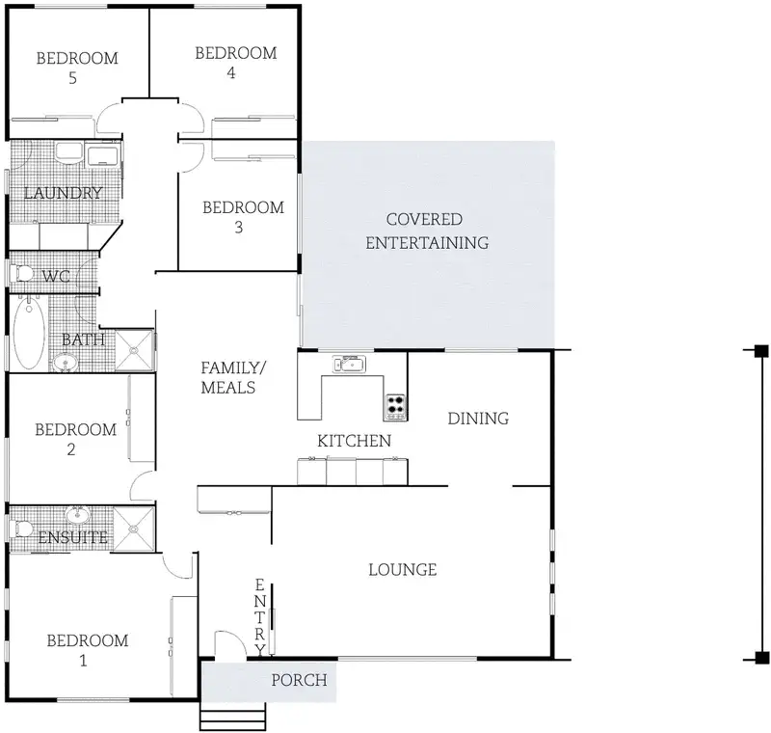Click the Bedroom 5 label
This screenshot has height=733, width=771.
pyautogui.click(x=77, y=68)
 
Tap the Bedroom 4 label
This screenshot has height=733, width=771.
pyautogui.click(x=236, y=63)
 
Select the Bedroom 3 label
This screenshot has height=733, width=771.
pyautogui.click(x=244, y=217)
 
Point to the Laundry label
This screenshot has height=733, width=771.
pyautogui.click(x=63, y=193)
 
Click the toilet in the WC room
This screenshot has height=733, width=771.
pyautogui.click(x=21, y=273)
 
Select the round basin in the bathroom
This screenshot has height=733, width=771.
pyautogui.click(x=65, y=363)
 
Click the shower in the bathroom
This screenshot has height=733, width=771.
pyautogui.click(x=134, y=350)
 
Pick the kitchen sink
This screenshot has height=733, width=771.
pyautogui.click(x=349, y=364)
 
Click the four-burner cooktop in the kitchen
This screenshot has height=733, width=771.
pyautogui.click(x=396, y=406)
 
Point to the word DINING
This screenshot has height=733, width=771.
pyautogui.click(x=478, y=419)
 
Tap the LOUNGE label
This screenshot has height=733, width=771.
pyautogui.click(x=403, y=570)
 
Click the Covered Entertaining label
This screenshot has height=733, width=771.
pyautogui.click(x=427, y=231)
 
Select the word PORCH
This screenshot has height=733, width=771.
pyautogui.click(x=299, y=680)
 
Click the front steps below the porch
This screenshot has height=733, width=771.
pyautogui.click(x=233, y=717)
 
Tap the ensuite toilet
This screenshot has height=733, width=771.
pyautogui.click(x=20, y=529)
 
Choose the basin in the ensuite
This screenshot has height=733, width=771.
pyautogui.click(x=78, y=516)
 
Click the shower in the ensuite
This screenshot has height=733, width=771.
pyautogui.click(x=134, y=529)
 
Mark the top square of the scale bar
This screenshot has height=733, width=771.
pyautogui.click(x=761, y=351)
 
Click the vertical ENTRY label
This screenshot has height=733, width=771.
pyautogui.click(x=259, y=617)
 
